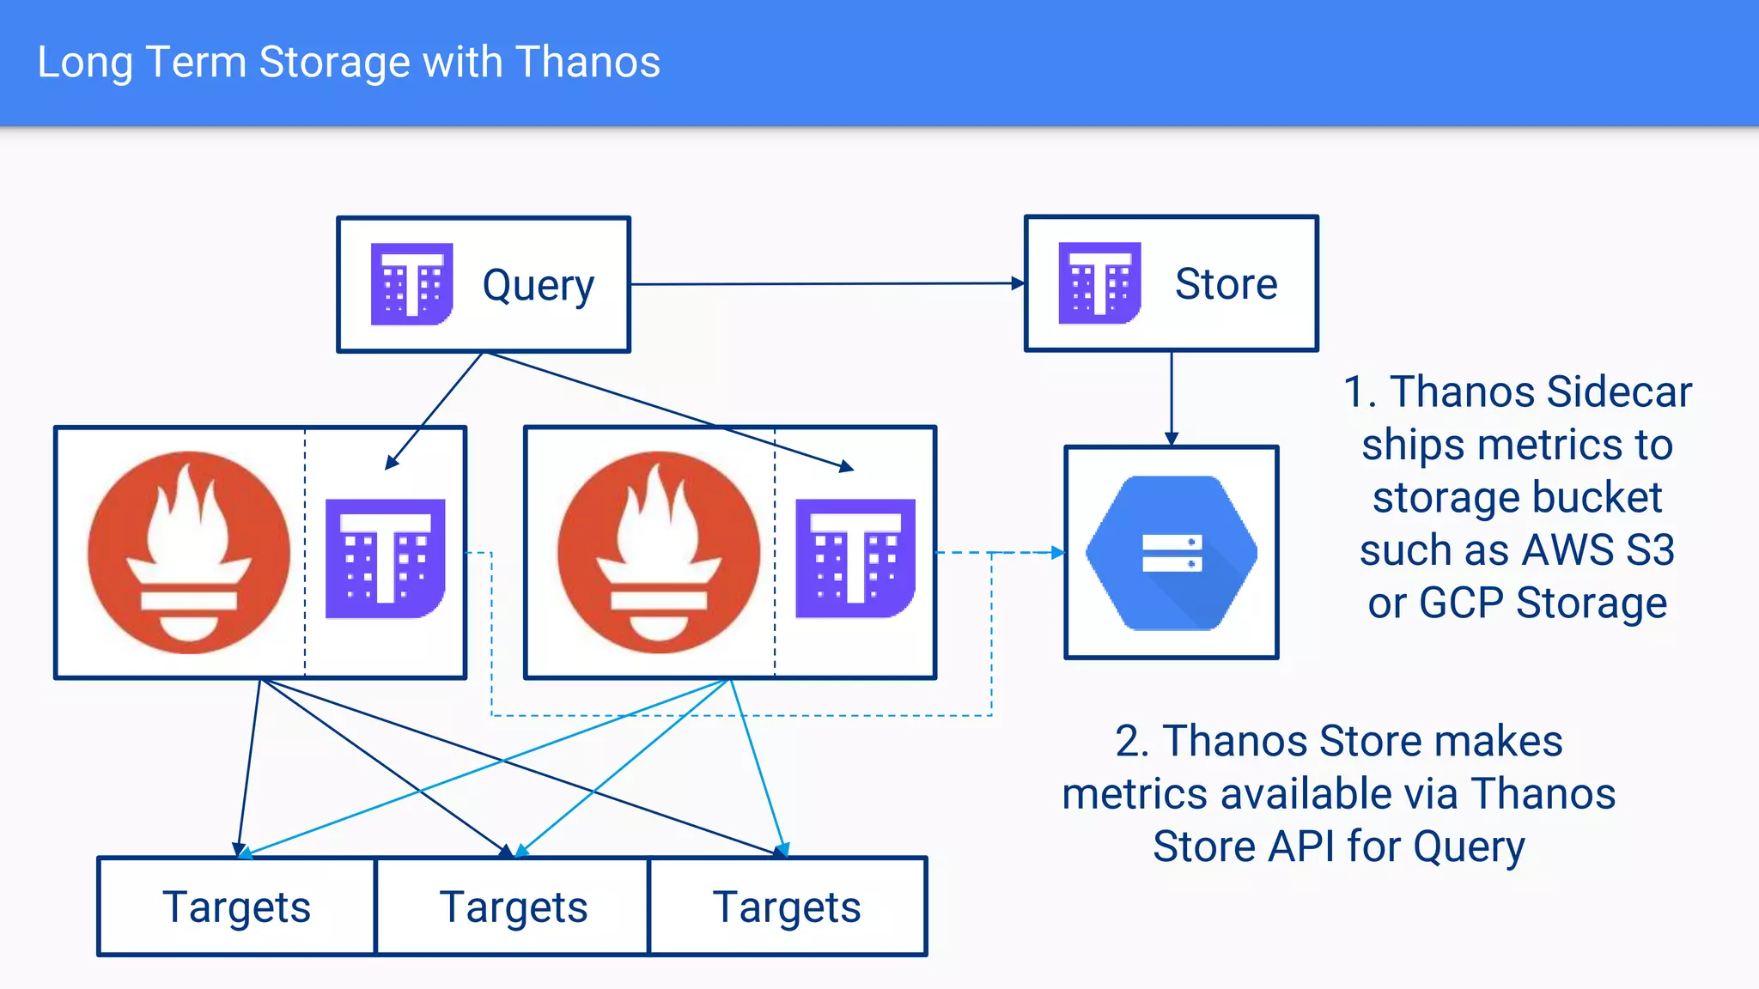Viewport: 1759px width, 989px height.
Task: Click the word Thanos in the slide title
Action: click(587, 63)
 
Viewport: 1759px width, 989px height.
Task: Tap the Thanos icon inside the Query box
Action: click(411, 284)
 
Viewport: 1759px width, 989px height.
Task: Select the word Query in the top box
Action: click(538, 286)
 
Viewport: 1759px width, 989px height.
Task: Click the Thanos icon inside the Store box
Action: click(1099, 283)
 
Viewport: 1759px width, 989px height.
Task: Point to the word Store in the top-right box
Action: click(1226, 284)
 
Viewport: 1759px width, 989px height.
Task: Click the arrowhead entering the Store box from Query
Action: click(1019, 283)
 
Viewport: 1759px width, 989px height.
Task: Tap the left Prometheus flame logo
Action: click(189, 552)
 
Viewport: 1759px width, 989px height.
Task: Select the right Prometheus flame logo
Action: click(659, 552)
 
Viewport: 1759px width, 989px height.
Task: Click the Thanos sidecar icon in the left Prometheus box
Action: click(385, 558)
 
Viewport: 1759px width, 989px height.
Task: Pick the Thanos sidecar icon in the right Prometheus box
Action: click(855, 558)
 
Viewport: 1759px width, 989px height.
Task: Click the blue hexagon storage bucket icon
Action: click(1172, 553)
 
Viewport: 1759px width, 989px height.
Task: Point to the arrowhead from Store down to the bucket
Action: click(1172, 439)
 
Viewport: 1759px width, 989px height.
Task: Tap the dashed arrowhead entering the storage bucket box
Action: click(1058, 553)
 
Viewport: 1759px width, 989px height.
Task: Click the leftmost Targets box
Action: click(237, 907)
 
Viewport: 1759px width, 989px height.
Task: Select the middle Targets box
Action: click(513, 907)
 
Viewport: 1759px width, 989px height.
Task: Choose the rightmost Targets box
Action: click(787, 907)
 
